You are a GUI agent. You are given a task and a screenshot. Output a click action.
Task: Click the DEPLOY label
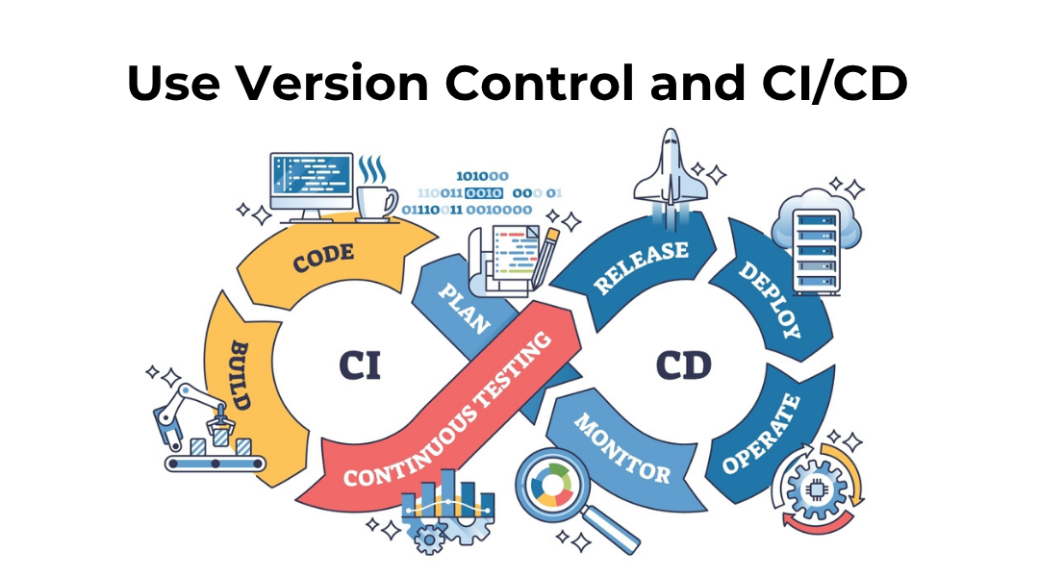coord(769,300)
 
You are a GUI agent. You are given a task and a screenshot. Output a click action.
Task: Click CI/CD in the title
coord(827,85)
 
